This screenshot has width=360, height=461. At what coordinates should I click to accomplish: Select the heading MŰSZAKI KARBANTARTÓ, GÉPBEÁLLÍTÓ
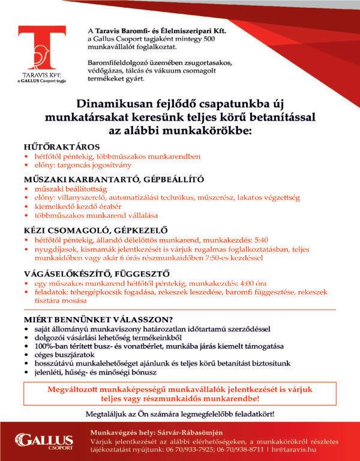tap(113, 179)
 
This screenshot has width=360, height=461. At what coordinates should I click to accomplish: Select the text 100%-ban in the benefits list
tap(50, 346)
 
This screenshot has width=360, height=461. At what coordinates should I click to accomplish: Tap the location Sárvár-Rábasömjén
tap(192, 433)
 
